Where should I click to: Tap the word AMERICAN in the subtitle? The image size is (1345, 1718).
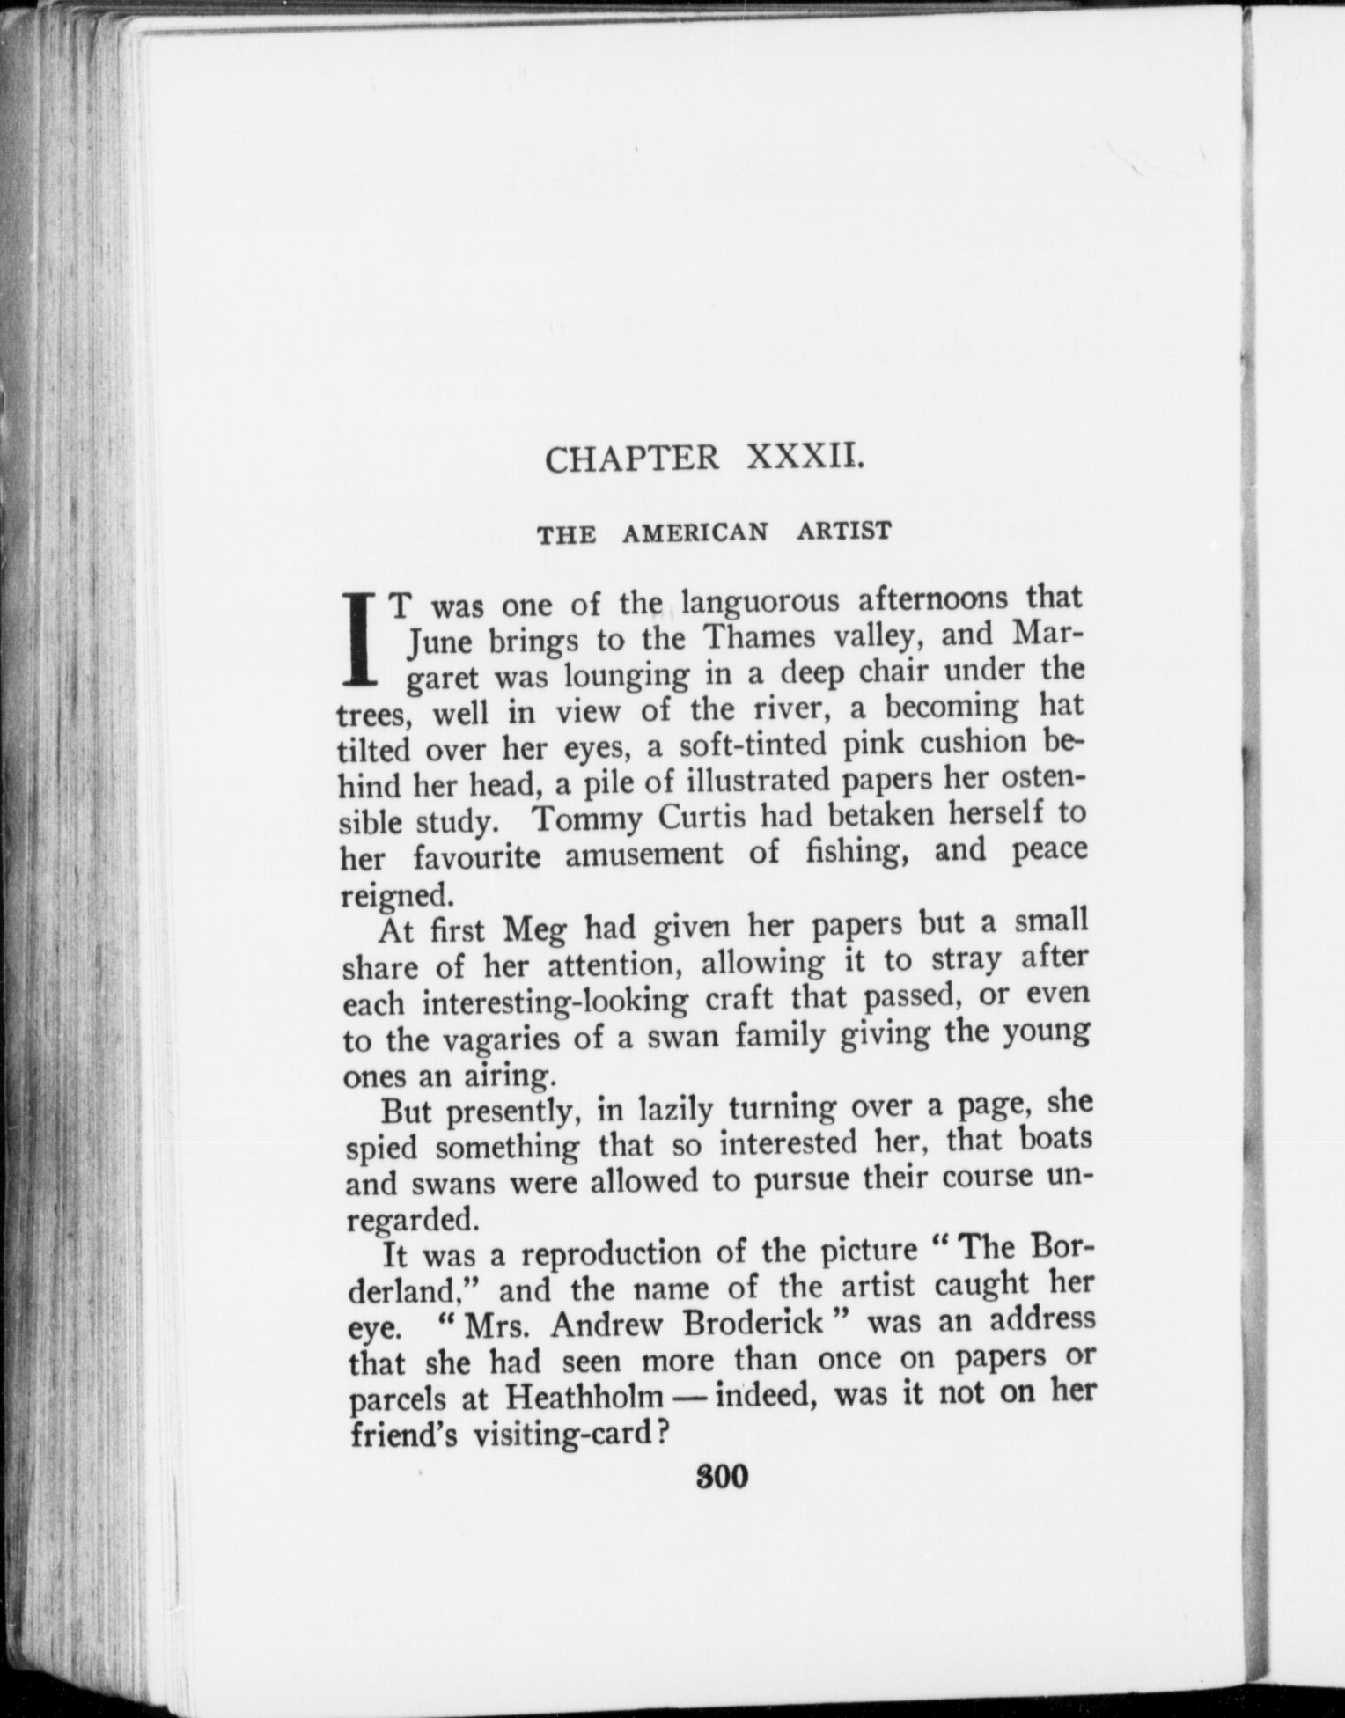click(695, 532)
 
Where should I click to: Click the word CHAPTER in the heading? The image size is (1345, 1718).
click(631, 459)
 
